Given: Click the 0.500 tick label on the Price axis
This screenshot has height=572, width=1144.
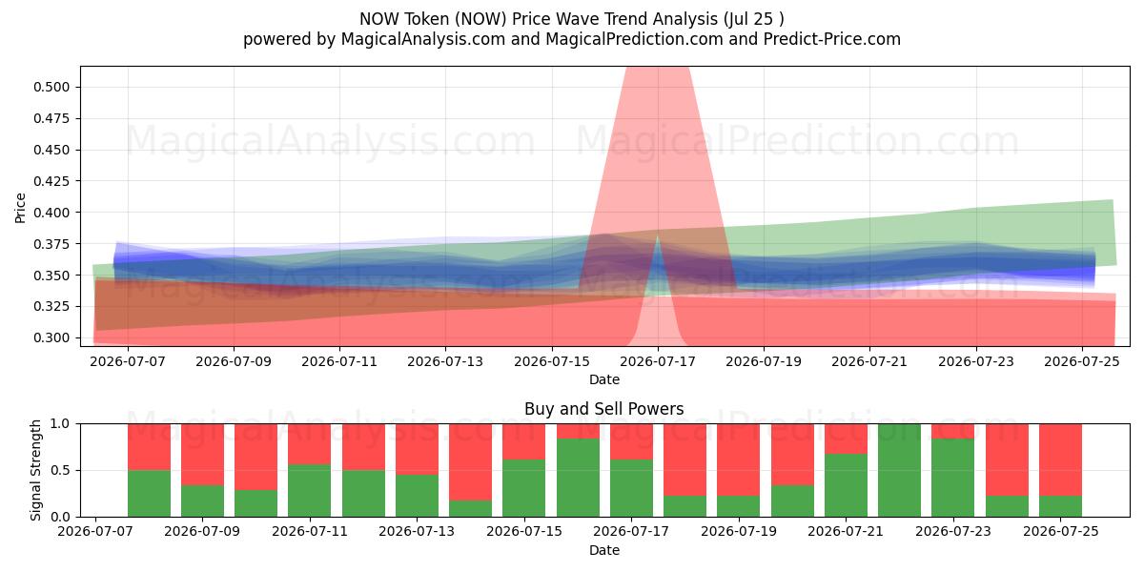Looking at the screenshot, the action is point(51,87).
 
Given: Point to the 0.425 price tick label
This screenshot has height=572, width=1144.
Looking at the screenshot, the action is point(51,181).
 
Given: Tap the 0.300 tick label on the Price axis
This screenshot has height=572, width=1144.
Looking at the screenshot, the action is point(51,338).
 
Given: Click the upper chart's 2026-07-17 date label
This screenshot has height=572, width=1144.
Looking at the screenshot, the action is point(658,361).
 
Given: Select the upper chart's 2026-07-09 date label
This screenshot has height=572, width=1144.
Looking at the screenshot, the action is point(234,361).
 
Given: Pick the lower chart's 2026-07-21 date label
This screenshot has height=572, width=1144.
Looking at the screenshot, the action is point(846,531).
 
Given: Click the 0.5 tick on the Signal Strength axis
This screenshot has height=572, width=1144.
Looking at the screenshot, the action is point(61,470).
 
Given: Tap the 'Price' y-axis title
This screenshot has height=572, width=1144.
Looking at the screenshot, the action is point(20,208).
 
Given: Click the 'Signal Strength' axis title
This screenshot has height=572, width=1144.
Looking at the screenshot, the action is point(35,470).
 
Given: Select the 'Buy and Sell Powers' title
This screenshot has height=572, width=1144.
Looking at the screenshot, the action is point(603,409).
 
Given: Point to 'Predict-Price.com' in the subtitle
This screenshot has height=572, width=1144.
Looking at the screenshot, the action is point(832,39).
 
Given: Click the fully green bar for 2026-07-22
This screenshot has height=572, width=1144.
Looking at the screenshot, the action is point(899,470).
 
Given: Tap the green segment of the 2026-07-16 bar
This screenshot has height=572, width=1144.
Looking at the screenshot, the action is point(578,478).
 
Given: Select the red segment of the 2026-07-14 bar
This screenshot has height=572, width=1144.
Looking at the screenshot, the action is point(470,461).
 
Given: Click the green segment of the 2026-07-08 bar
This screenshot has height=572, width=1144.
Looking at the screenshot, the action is point(149,494).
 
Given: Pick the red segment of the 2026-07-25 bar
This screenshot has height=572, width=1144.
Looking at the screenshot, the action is point(1060,460).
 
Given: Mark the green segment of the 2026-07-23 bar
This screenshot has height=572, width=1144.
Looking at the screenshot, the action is point(952,478).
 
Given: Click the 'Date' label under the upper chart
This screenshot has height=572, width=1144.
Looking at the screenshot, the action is point(604,379).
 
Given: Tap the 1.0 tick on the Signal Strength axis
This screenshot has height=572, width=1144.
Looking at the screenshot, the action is point(61,424).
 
